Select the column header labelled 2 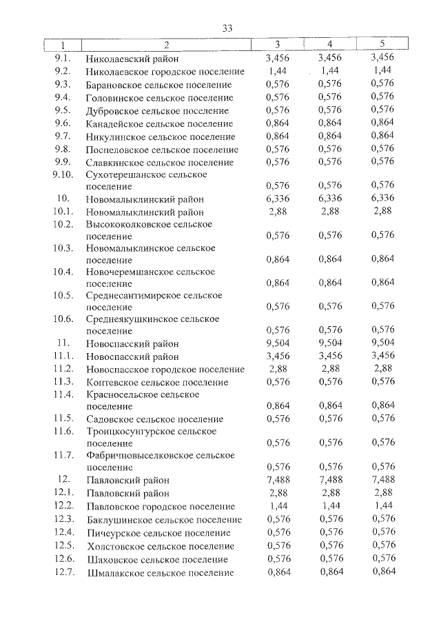coord(166,45)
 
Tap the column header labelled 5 coord(382,45)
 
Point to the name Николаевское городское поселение coord(165,72)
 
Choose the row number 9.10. coord(62,174)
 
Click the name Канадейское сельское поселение coord(159,124)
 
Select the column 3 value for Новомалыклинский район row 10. coord(278,198)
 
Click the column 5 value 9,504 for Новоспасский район coord(382,343)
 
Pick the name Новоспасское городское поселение coord(165,370)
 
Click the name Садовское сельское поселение coord(154,419)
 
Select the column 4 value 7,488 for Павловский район coord(330,480)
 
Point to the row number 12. coord(63,479)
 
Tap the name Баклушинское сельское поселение coord(164,520)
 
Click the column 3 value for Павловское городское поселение coord(278,506)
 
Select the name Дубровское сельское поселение coord(157,111)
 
